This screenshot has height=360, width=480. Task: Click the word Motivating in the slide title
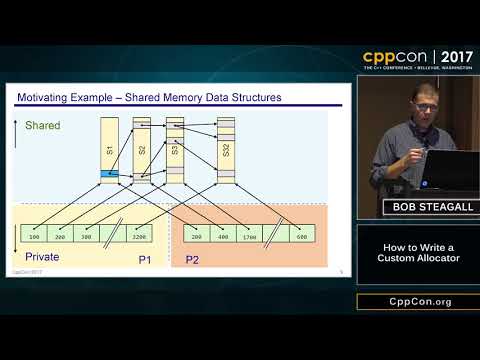pos(48,97)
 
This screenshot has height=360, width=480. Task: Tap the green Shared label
pos(43,126)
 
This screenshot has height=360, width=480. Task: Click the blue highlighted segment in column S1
pos(108,176)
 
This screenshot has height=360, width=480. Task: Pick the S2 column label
pos(142,151)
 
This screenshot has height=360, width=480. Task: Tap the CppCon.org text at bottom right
pos(417,301)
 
